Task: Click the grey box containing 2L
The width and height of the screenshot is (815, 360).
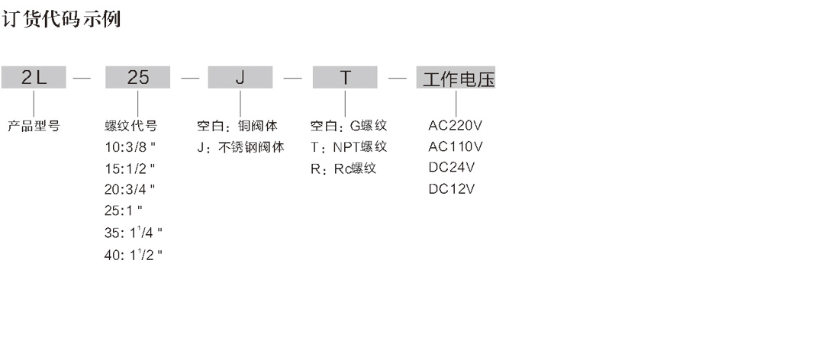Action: [34, 78]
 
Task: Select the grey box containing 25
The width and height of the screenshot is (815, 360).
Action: [137, 78]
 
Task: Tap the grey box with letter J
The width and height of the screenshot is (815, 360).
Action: [240, 78]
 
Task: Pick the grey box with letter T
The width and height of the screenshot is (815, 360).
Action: [345, 78]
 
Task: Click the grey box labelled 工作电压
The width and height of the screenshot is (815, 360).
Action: [456, 79]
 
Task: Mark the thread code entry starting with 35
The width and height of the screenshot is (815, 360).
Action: [134, 233]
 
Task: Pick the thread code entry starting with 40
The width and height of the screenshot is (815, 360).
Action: [134, 254]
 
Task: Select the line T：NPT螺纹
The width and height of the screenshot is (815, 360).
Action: [349, 147]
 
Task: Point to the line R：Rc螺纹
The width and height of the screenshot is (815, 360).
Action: [343, 169]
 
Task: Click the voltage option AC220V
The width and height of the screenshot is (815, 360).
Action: [456, 125]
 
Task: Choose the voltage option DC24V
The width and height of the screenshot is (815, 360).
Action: [452, 168]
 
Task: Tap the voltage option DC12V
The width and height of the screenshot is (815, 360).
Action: [452, 189]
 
